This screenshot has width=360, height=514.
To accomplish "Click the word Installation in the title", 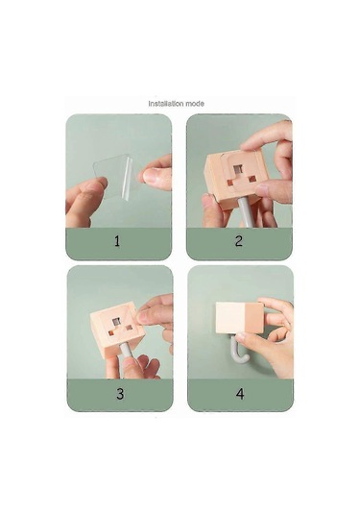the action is pyautogui.click(x=166, y=104).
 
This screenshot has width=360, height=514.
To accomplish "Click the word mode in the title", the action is pyautogui.click(x=195, y=104).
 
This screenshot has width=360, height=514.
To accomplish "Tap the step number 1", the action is pyautogui.click(x=117, y=241).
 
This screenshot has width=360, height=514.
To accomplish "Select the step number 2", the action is pyautogui.click(x=239, y=241).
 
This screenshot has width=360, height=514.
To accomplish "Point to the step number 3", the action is pyautogui.click(x=120, y=394).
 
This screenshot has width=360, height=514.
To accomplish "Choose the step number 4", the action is pyautogui.click(x=240, y=394).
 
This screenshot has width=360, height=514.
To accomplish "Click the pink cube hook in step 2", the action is pyautogui.click(x=236, y=180).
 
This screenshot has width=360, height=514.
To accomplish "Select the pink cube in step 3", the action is pyautogui.click(x=117, y=330).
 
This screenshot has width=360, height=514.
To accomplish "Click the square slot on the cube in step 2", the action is pyautogui.click(x=238, y=169).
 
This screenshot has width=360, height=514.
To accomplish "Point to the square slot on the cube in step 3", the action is pyautogui.click(x=116, y=322).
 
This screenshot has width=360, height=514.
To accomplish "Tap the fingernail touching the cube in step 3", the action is pyautogui.click(x=142, y=317).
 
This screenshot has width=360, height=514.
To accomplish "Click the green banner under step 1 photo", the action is pyautogui.click(x=119, y=244).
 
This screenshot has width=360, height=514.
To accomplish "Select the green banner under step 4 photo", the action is pyautogui.click(x=240, y=395).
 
